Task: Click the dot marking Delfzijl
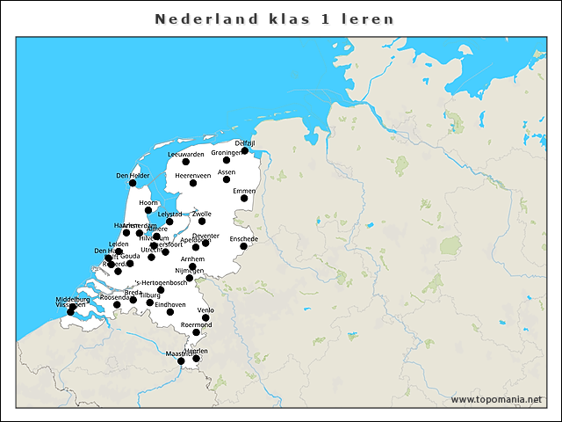[245, 150]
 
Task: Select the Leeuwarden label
[185, 154]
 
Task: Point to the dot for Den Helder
[133, 183]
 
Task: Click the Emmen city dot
[244, 199]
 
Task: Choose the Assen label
[227, 171]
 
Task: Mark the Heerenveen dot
[193, 183]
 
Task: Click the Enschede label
[243, 238]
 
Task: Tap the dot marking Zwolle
[202, 222]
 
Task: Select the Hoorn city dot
[148, 210]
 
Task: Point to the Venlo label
[206, 310]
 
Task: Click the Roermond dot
[197, 332]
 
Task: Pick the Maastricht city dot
[181, 360]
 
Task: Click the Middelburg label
[72, 299]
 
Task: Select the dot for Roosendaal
[133, 300]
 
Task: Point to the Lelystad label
[169, 214]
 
